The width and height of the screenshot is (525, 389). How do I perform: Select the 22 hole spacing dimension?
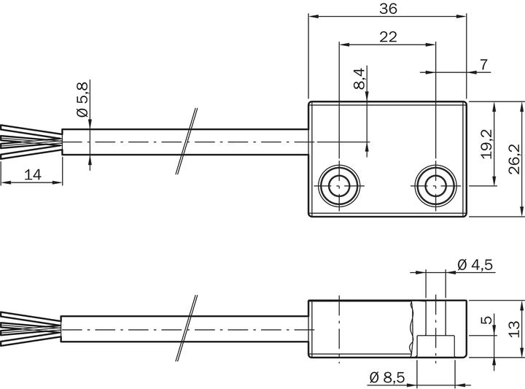pos(388,36)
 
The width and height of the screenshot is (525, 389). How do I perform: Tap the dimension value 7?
pos(483,65)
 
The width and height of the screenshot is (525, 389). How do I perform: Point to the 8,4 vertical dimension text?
pos(358,79)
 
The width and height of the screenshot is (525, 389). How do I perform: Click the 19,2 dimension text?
pos(486,144)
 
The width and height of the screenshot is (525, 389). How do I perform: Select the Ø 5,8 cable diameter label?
pos(82,100)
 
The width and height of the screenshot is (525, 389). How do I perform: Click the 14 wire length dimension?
pos(32,174)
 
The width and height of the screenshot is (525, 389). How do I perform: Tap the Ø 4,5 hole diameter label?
pos(476,264)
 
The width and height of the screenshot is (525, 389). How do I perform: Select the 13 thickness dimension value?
pos(514,328)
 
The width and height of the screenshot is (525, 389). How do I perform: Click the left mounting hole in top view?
pos(340,187)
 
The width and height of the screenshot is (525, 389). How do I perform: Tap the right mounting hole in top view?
pos(435,187)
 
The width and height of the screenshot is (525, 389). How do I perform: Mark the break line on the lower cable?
pos(187,328)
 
